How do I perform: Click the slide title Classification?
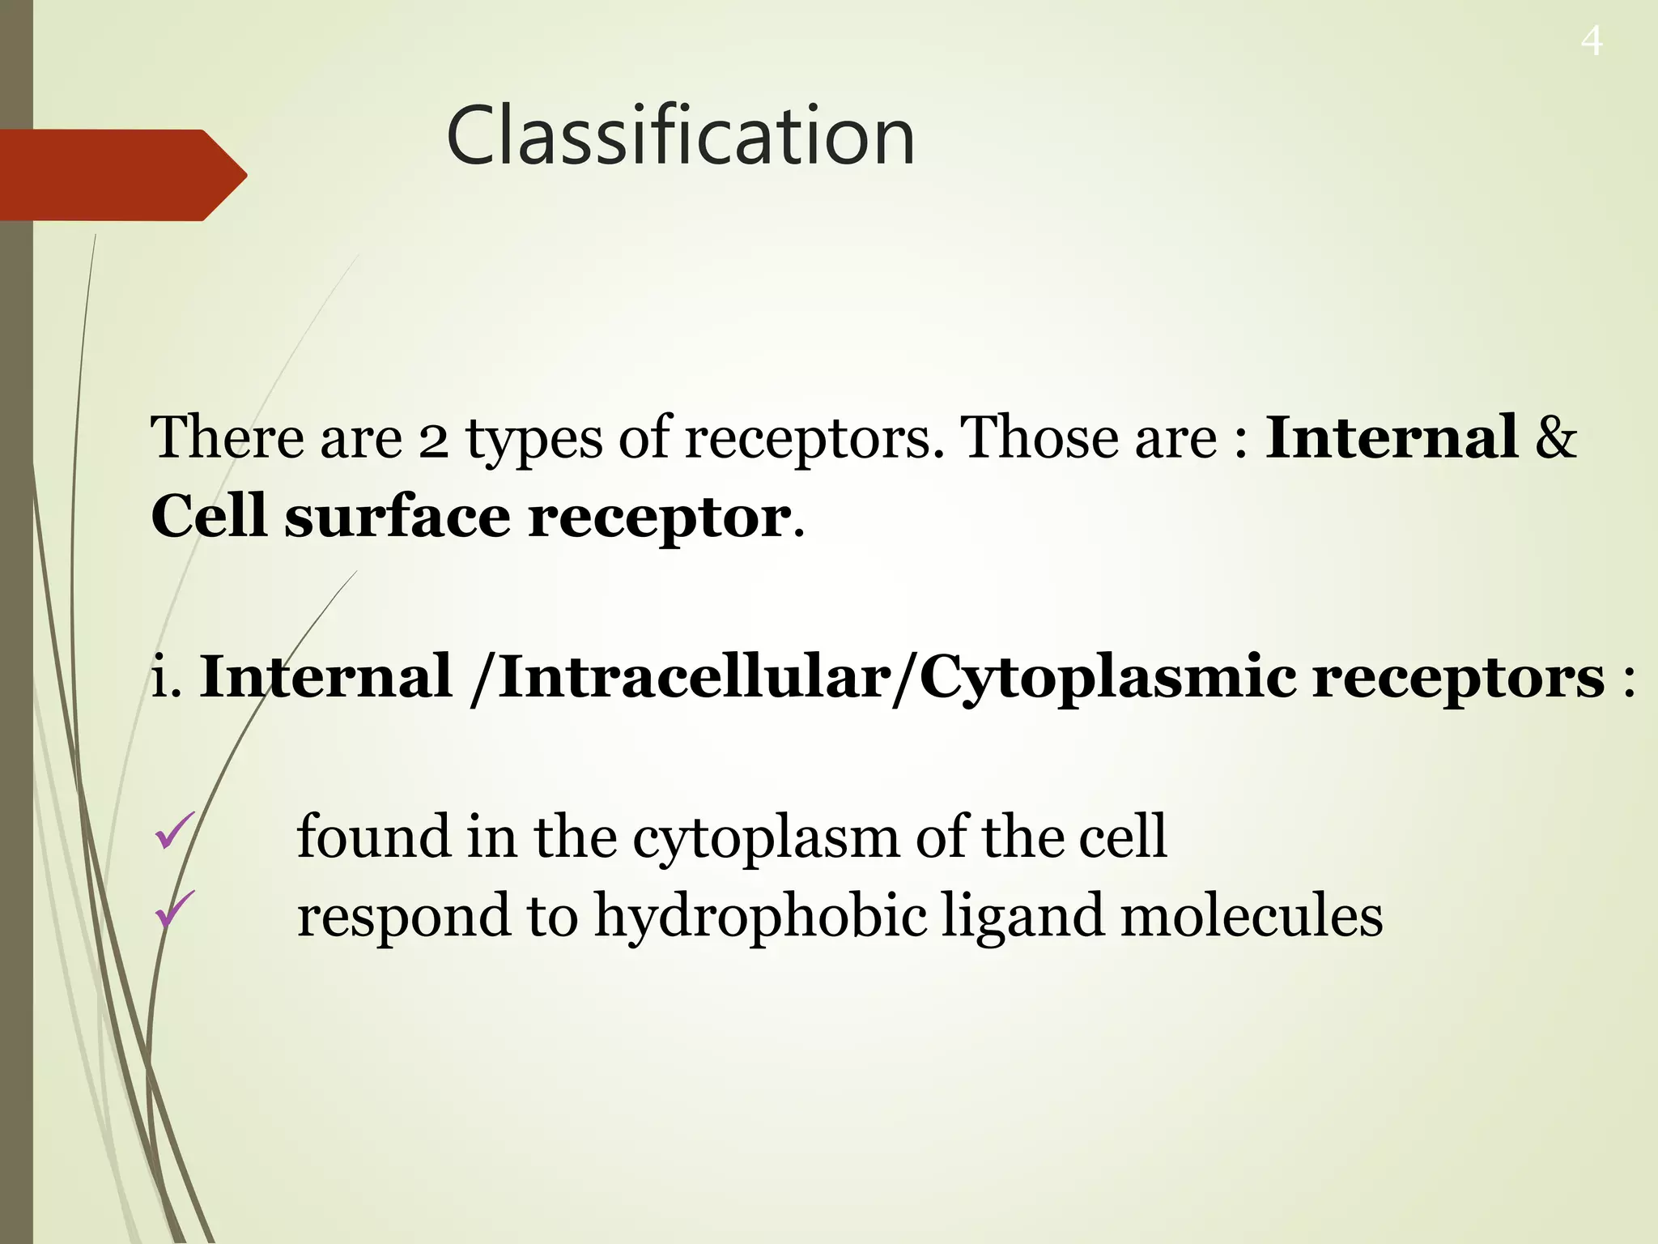680,136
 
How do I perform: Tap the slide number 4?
1591,41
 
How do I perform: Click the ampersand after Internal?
1556,437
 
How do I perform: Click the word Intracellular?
695,676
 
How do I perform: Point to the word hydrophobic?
761,917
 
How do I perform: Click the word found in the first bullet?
372,836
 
